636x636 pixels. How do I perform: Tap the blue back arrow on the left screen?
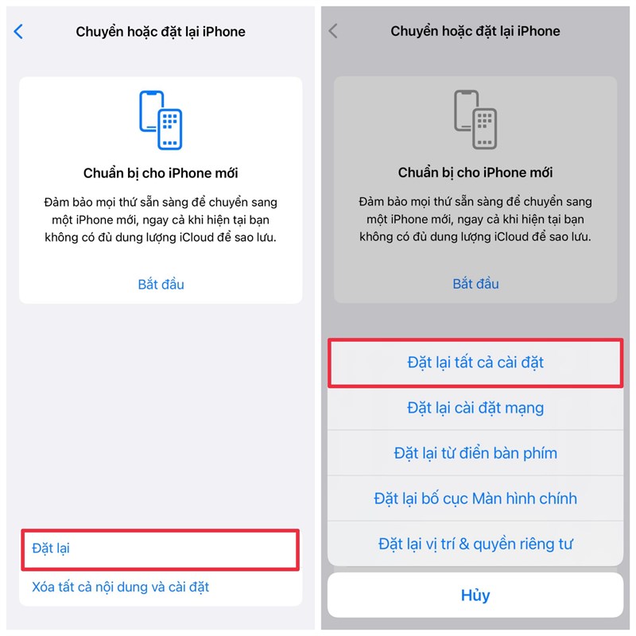tap(18, 32)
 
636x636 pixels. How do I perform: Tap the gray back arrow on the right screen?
tap(333, 32)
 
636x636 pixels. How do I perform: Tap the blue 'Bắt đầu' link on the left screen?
tap(161, 284)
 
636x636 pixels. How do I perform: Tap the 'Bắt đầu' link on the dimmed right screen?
tap(475, 284)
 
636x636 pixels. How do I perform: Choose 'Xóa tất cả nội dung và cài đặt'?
tap(120, 588)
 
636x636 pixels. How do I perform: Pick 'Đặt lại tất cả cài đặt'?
tap(475, 363)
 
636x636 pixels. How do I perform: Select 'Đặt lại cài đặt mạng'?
tap(475, 408)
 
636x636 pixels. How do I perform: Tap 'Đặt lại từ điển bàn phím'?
tap(475, 453)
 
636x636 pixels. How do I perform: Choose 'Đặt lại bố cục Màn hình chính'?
tap(475, 498)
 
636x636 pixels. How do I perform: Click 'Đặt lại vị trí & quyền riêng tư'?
tap(475, 545)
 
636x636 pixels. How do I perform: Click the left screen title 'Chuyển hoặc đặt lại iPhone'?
tap(161, 32)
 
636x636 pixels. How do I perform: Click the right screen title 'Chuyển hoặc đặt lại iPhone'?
tap(475, 32)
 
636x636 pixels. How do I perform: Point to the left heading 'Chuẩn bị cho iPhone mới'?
tap(161, 173)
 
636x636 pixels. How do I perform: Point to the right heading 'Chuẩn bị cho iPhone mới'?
tap(475, 173)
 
